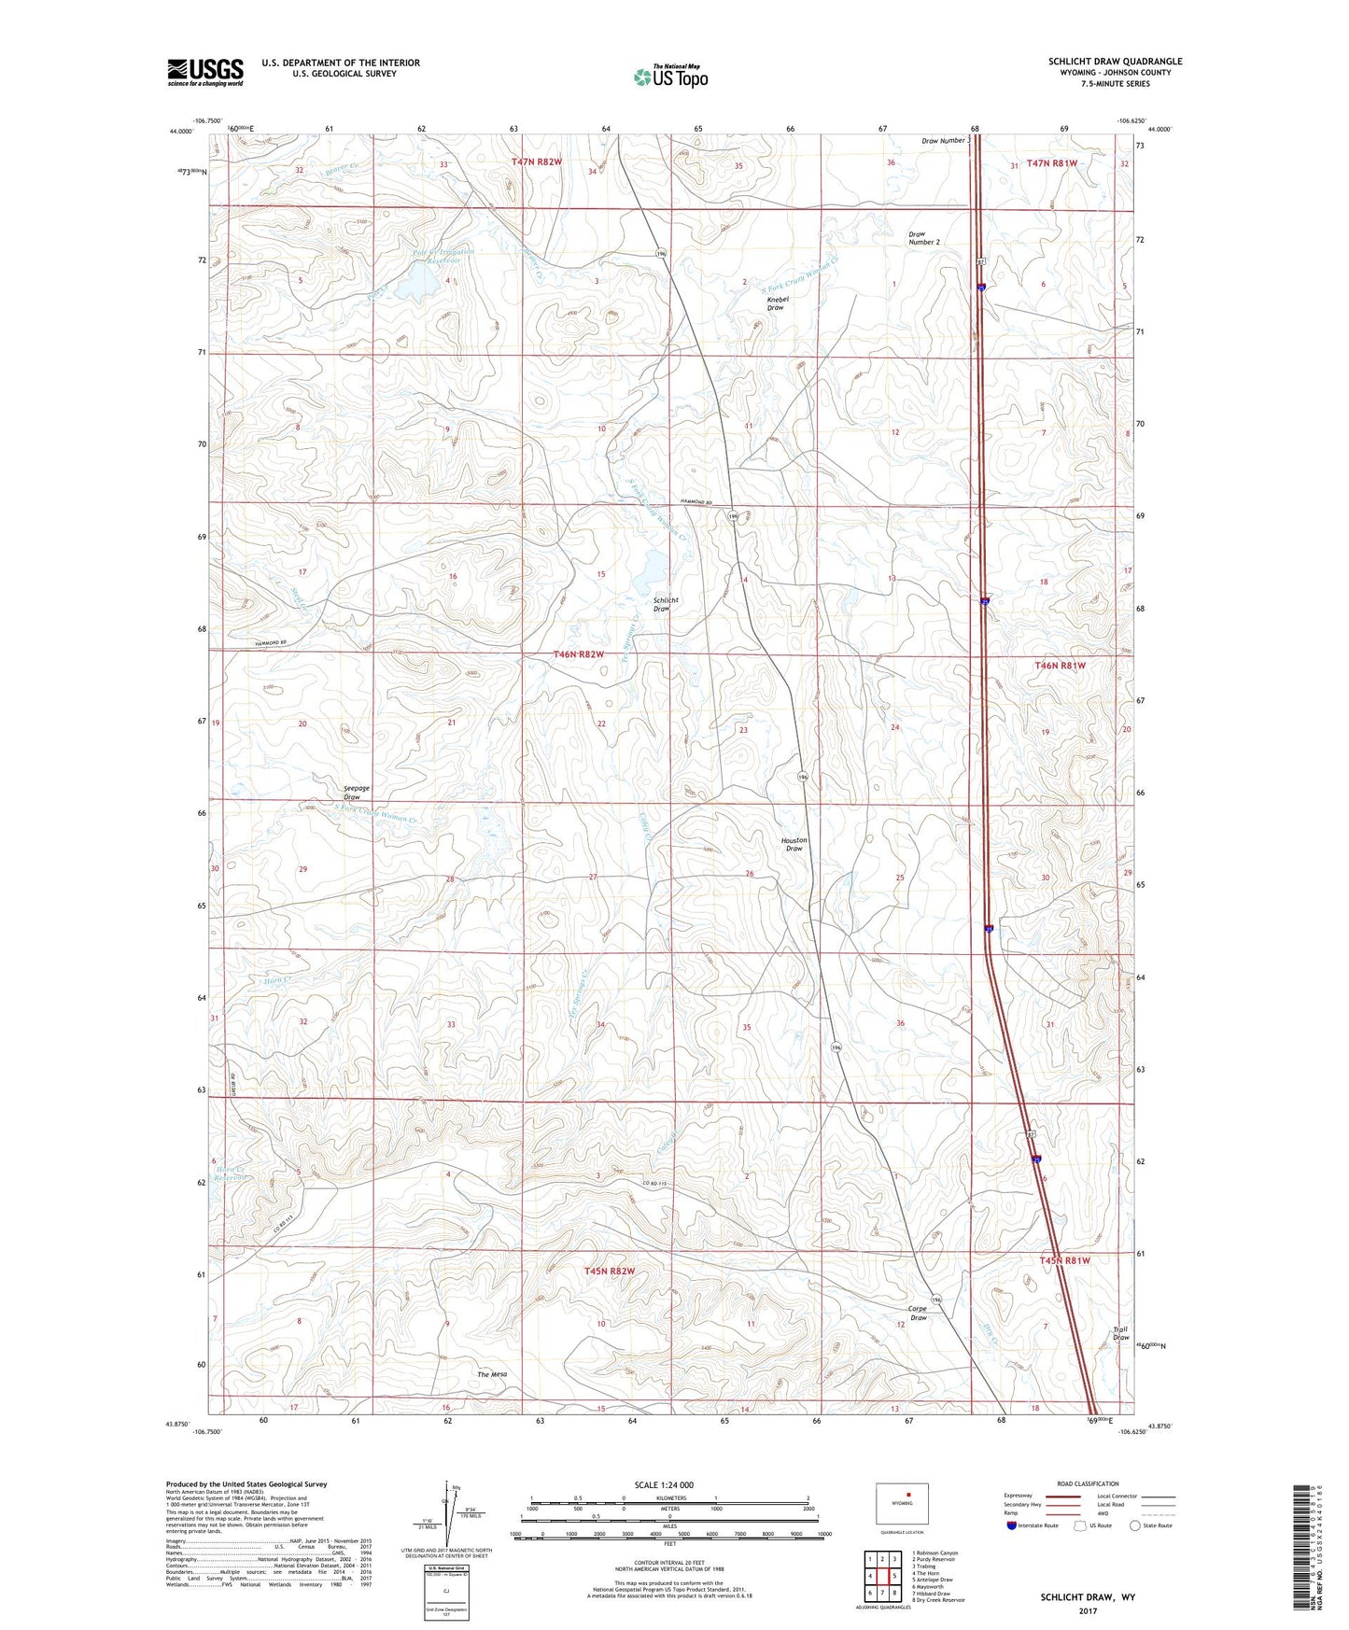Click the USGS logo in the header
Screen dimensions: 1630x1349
point(205,72)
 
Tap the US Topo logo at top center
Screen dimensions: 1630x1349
point(670,77)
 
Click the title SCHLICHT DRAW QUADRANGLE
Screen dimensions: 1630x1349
point(1115,62)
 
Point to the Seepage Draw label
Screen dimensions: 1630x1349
point(352,793)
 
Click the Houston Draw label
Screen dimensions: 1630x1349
point(794,844)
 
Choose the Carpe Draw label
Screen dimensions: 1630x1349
point(919,1313)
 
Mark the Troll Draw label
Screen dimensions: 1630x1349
point(1120,1333)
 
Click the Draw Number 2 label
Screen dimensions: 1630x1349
point(924,238)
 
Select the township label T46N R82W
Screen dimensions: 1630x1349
point(579,654)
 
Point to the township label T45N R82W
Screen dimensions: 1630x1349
point(610,1272)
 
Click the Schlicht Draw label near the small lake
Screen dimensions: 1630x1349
point(666,604)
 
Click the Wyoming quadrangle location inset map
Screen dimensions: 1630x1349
point(902,1504)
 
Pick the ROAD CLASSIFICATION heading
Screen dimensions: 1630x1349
point(1088,1483)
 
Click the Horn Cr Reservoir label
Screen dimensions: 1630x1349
point(230,1173)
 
